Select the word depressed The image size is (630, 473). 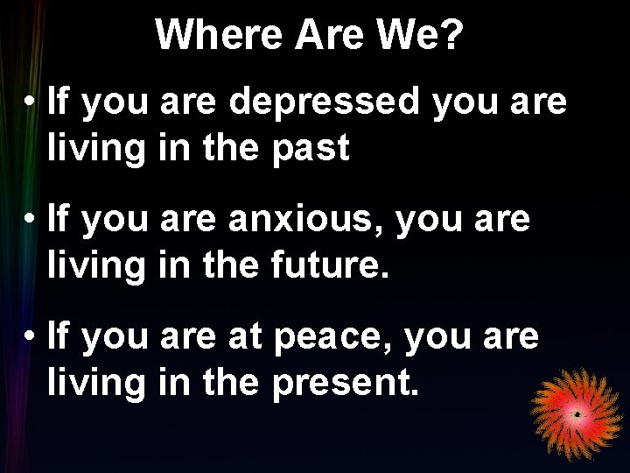point(325,102)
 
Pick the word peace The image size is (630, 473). point(335,335)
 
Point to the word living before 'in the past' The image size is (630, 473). point(96,149)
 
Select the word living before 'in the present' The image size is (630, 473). point(96,381)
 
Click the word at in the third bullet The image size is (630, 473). point(247,335)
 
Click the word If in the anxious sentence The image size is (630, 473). point(59,219)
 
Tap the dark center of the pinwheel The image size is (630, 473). point(577,413)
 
